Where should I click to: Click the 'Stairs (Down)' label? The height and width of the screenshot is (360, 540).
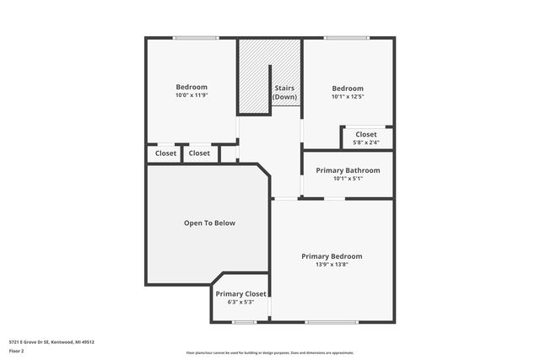tap(284, 92)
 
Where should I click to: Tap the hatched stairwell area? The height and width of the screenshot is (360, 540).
tap(253, 76)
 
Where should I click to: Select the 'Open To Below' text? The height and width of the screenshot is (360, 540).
tap(209, 223)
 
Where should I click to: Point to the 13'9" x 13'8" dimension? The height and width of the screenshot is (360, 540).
tap(332, 265)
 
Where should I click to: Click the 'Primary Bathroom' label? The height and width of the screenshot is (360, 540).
tap(348, 170)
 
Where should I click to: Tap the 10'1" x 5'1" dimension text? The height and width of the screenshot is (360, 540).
tap(348, 179)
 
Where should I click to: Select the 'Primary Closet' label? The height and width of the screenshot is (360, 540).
tap(240, 294)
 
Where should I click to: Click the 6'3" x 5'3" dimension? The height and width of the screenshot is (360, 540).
tap(240, 302)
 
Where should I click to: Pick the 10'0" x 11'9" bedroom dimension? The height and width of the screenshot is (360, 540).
tap(192, 95)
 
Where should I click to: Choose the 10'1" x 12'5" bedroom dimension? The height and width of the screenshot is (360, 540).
tap(348, 97)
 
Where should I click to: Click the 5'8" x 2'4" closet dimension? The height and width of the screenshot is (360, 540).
tap(366, 142)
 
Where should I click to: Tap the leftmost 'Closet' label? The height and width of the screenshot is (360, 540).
tap(165, 153)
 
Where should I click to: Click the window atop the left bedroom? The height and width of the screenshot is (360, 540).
tap(196, 37)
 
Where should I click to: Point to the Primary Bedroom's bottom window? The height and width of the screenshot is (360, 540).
tap(332, 322)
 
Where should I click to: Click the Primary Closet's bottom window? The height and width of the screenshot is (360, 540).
tap(245, 322)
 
